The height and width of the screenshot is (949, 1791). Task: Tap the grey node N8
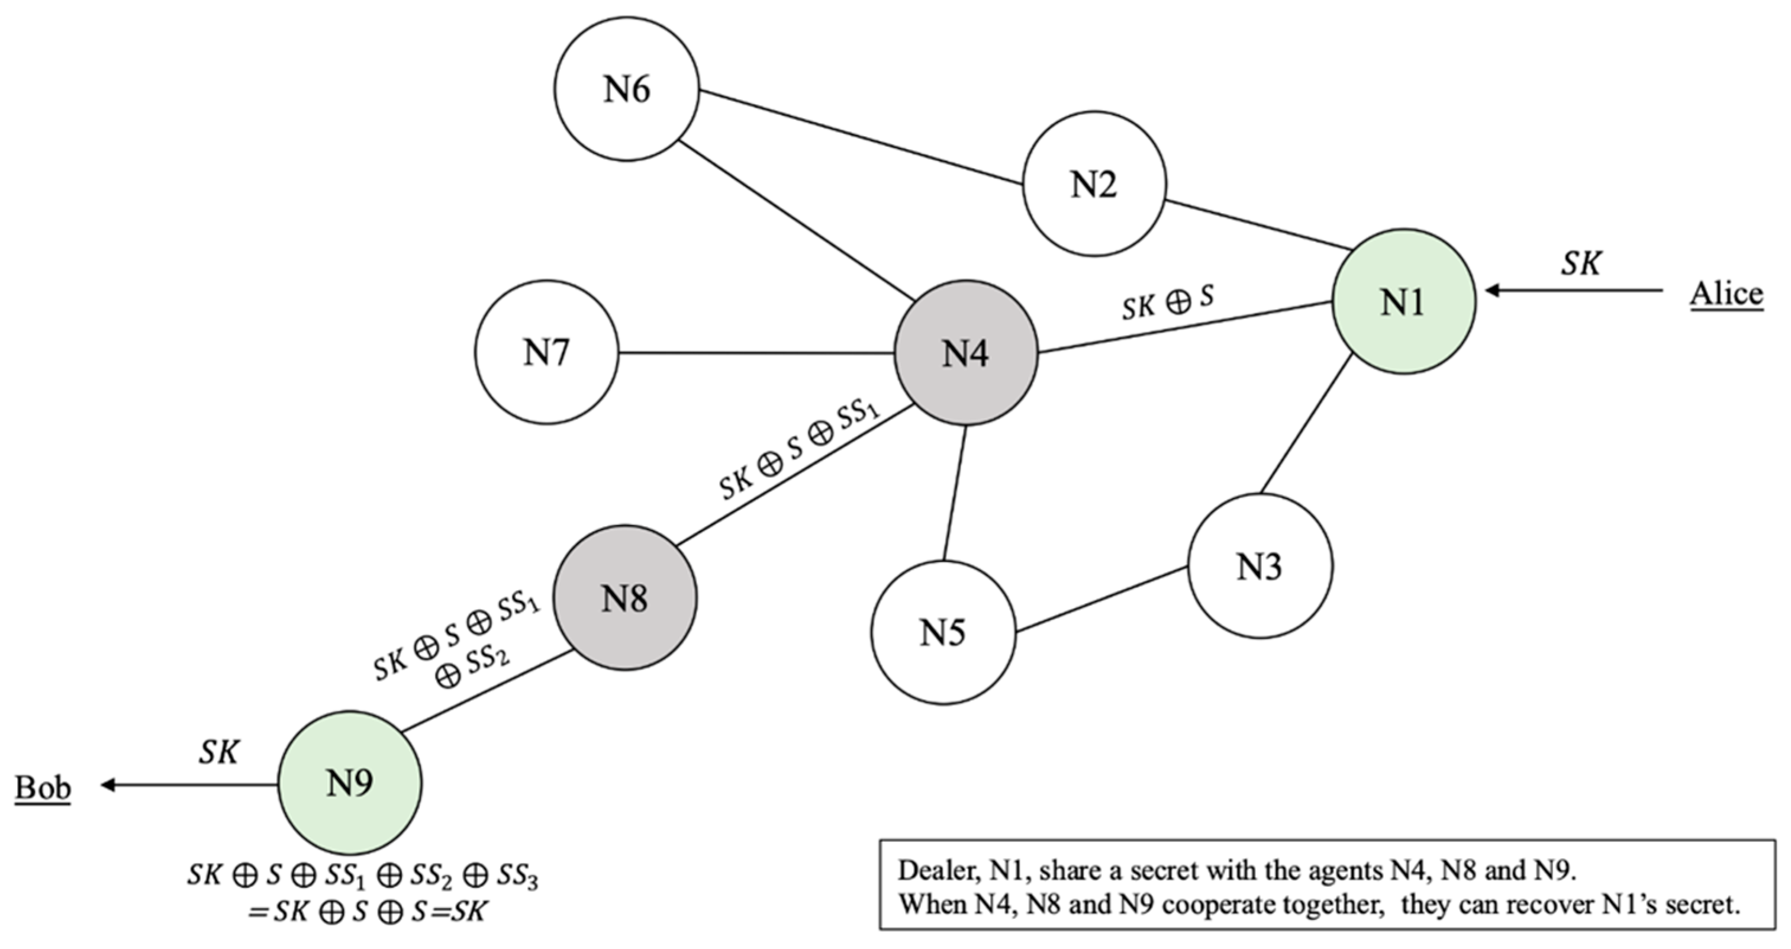click(x=625, y=598)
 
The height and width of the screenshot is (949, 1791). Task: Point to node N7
click(x=546, y=352)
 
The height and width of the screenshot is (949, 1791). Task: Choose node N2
click(x=1094, y=184)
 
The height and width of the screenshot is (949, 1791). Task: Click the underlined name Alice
click(x=1726, y=294)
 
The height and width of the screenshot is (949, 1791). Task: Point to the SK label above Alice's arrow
click(x=1580, y=263)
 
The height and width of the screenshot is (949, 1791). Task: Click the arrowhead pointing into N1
click(x=1492, y=290)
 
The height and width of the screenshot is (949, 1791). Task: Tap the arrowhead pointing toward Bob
click(x=108, y=785)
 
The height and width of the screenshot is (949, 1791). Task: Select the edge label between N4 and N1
click(x=1168, y=303)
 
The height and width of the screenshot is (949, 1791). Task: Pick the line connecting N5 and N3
click(x=1101, y=599)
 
